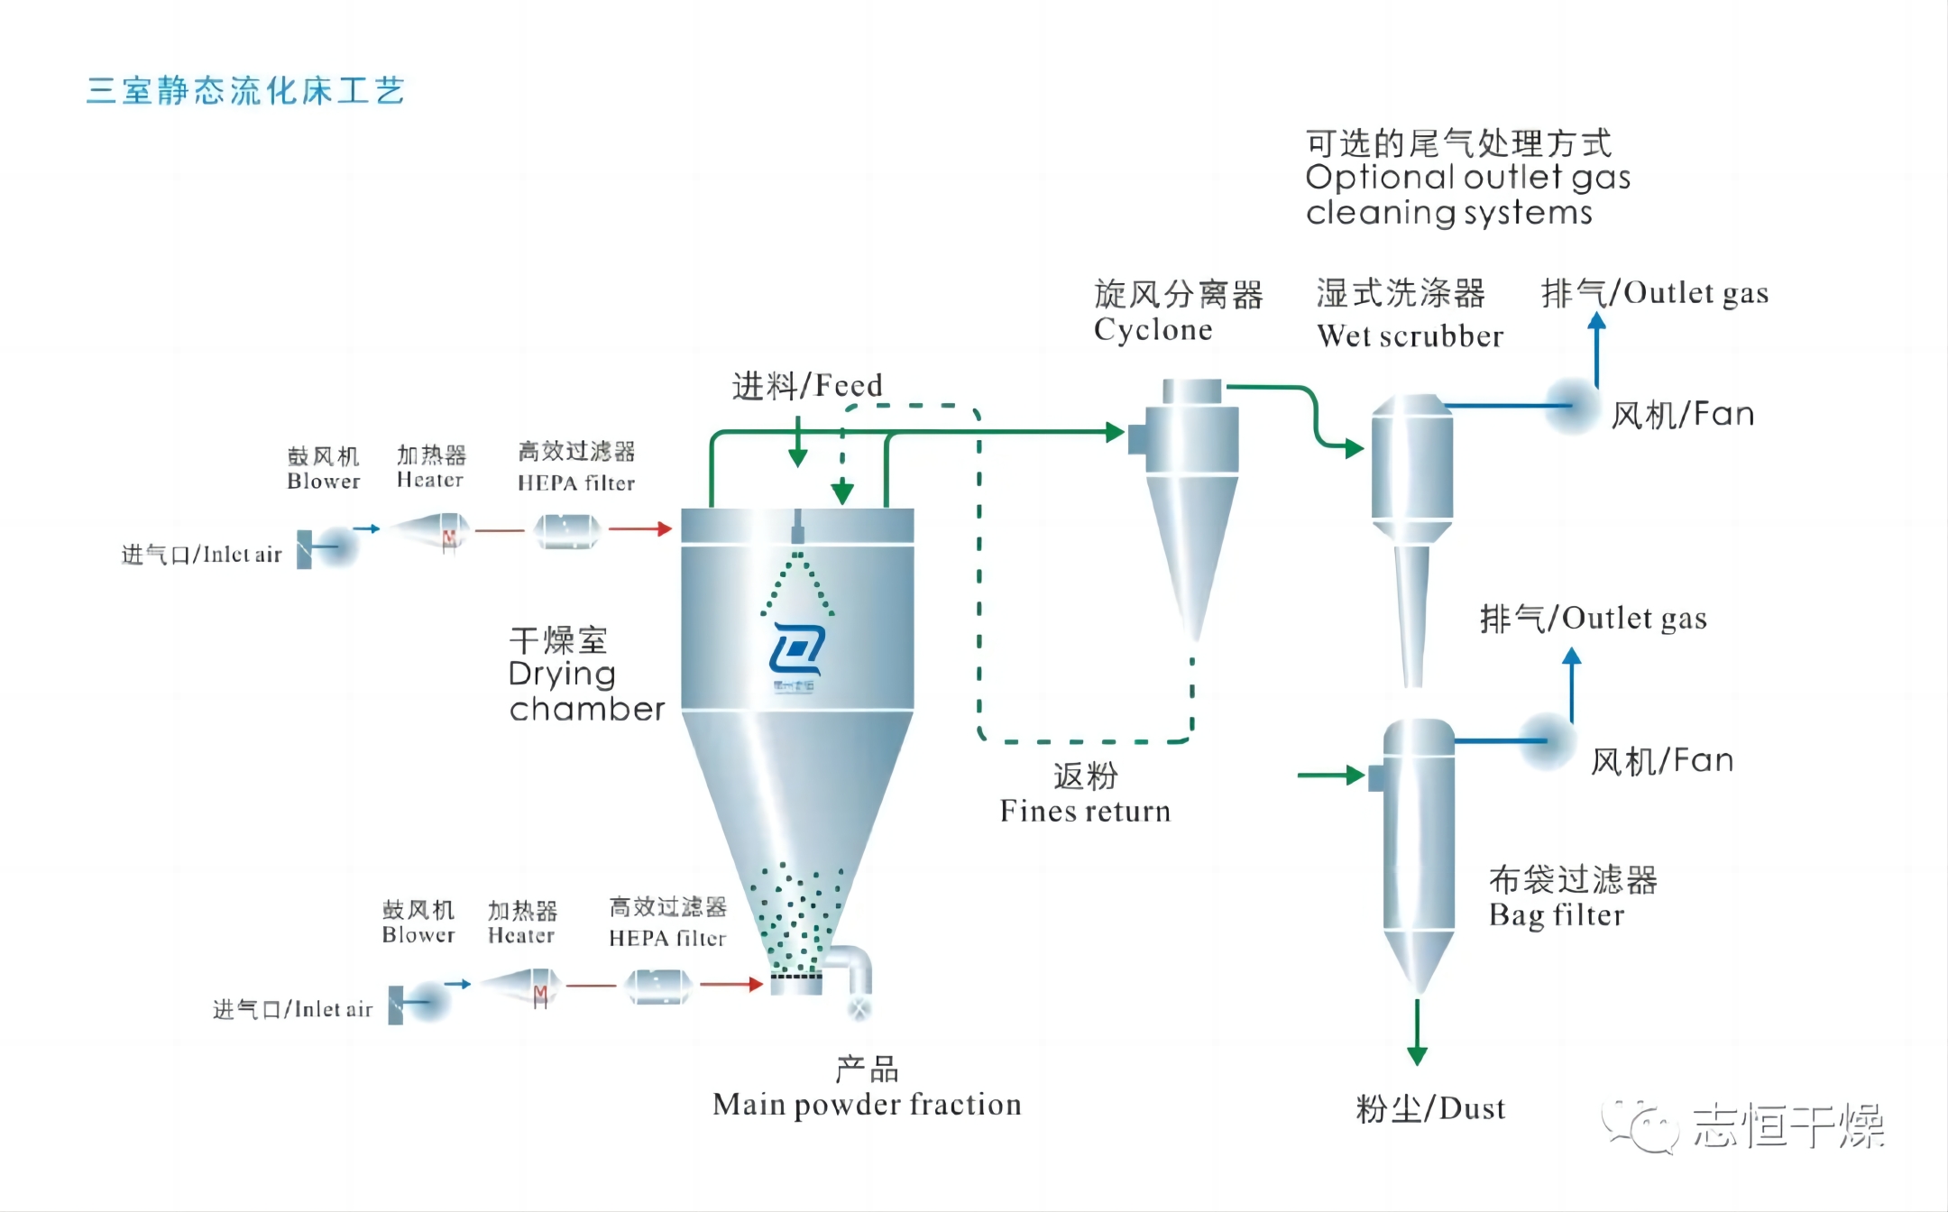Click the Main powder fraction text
point(867,1104)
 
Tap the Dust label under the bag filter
point(1430,1108)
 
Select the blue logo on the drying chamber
point(796,649)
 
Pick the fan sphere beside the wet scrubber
point(1571,406)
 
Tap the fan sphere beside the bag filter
point(1547,741)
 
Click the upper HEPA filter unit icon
point(567,530)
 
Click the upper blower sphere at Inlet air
point(336,546)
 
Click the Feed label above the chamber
point(806,386)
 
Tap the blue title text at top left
point(245,91)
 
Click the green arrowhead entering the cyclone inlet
point(1115,432)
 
